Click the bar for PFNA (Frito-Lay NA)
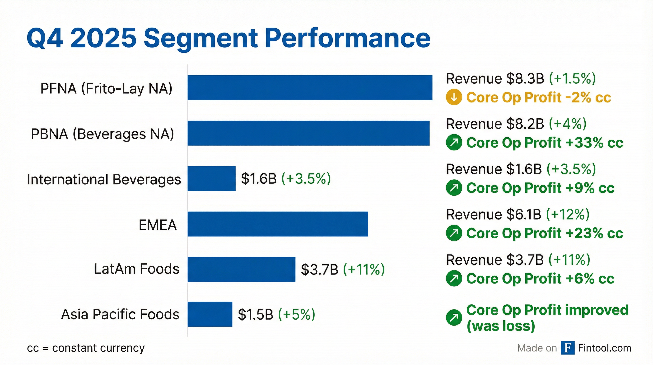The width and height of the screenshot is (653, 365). pyautogui.click(x=310, y=88)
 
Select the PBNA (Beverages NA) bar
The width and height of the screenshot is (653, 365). pyautogui.click(x=308, y=133)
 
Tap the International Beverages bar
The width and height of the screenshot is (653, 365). pyautogui.click(x=211, y=178)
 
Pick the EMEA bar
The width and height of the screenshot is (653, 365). pyautogui.click(x=278, y=224)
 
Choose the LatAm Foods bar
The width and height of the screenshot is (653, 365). pyautogui.click(x=241, y=269)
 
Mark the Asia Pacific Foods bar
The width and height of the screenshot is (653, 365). pyautogui.click(x=210, y=314)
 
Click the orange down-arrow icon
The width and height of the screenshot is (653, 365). pyautogui.click(x=454, y=97)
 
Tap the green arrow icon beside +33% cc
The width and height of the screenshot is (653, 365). pyautogui.click(x=454, y=142)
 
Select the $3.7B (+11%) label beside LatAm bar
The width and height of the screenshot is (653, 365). pyautogui.click(x=342, y=269)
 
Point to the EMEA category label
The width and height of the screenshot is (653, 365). pyautogui.click(x=157, y=225)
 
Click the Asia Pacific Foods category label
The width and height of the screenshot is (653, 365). pyautogui.click(x=120, y=314)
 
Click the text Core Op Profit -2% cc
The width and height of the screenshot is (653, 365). pyautogui.click(x=538, y=97)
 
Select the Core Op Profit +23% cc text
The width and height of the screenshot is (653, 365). pyautogui.click(x=545, y=233)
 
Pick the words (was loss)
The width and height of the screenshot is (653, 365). pyautogui.click(x=500, y=326)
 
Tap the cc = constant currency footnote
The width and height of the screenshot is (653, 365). pyautogui.click(x=86, y=348)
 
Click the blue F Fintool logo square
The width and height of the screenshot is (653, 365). pyautogui.click(x=567, y=348)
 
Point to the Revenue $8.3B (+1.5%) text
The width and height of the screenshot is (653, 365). pyautogui.click(x=521, y=79)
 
